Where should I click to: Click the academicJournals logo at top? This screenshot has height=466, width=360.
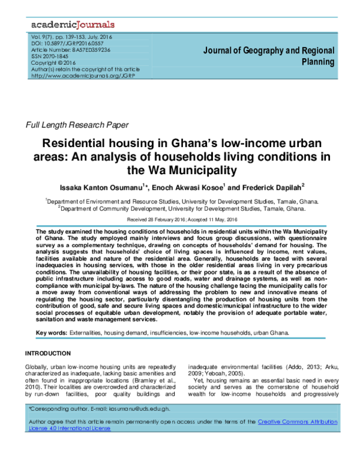click(x=71, y=25)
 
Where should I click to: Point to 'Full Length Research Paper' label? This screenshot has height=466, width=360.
click(x=76, y=125)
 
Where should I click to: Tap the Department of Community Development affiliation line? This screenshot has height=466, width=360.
click(x=181, y=210)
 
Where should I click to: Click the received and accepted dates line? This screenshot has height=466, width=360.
click(x=180, y=220)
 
